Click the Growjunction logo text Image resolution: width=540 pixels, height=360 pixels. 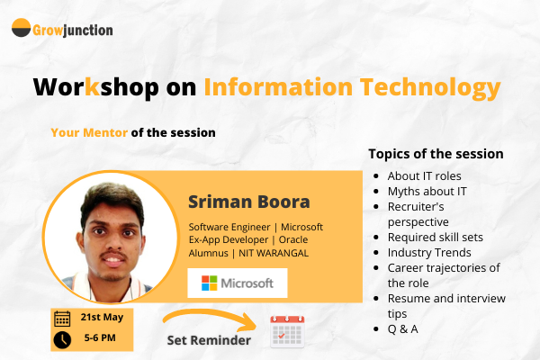click(x=74, y=30)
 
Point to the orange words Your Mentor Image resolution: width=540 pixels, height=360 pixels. click(x=89, y=132)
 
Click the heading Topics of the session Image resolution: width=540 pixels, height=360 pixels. click(x=436, y=154)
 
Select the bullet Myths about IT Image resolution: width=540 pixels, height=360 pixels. click(x=427, y=190)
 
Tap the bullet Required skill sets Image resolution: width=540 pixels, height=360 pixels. click(x=436, y=237)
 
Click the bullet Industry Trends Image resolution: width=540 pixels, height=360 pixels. click(x=429, y=252)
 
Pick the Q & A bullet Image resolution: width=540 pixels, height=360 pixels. click(x=403, y=329)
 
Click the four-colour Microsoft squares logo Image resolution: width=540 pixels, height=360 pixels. click(x=210, y=283)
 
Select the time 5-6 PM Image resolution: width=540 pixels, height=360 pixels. click(x=101, y=339)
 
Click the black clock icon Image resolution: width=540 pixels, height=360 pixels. click(x=62, y=339)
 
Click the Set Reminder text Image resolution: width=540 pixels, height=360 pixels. click(x=207, y=341)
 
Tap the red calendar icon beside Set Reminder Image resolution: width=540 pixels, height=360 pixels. click(x=287, y=331)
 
